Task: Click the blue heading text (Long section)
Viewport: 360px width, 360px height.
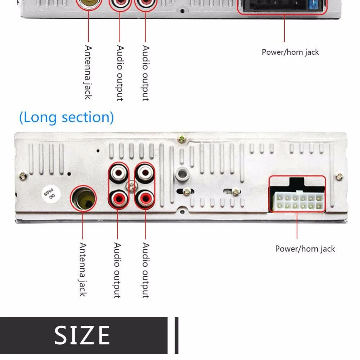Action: (66, 117)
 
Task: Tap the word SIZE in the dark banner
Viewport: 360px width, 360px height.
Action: (82, 335)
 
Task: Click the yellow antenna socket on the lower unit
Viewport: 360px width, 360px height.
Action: (84, 198)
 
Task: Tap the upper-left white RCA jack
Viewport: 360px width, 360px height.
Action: (118, 173)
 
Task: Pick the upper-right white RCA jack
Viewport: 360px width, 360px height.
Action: (145, 173)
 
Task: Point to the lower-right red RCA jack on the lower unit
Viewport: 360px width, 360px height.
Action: (145, 198)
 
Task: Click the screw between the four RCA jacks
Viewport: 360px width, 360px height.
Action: (131, 186)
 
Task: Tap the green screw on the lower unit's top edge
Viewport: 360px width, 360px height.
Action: (182, 139)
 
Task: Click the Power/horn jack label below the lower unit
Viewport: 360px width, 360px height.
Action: (305, 249)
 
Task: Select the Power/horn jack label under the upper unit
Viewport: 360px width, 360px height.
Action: (290, 52)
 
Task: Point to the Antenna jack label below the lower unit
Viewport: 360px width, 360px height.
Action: (83, 270)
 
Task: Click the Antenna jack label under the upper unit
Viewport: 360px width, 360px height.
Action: (88, 72)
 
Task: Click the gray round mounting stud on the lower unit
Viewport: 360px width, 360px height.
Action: (182, 174)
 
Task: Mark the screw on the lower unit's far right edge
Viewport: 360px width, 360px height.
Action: (339, 177)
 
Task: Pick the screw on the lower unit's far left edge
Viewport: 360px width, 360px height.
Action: (23, 176)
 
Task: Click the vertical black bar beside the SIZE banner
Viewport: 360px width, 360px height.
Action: (176, 335)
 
